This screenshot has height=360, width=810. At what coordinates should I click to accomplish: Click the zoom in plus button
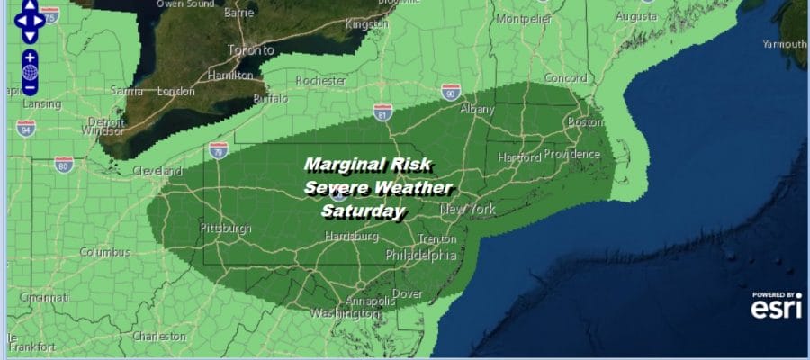point(30,57)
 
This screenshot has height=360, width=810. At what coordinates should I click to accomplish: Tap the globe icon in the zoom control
point(30,72)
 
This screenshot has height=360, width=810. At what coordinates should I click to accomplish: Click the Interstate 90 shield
point(451,91)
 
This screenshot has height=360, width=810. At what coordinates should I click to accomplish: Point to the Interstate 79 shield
point(218,148)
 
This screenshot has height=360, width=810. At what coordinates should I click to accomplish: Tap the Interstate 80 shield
point(62,164)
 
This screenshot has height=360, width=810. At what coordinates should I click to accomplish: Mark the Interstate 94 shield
point(25,127)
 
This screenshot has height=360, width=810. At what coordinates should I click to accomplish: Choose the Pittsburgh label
point(226,229)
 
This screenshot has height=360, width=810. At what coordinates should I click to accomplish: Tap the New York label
point(468,210)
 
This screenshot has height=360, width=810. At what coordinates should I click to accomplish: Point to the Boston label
point(583,122)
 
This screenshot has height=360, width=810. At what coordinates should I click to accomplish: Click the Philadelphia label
point(421,255)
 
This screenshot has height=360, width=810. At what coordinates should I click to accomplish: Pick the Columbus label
point(104,252)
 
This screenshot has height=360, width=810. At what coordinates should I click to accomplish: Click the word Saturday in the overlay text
point(364,212)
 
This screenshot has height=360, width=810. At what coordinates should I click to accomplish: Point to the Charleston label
point(158,337)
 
